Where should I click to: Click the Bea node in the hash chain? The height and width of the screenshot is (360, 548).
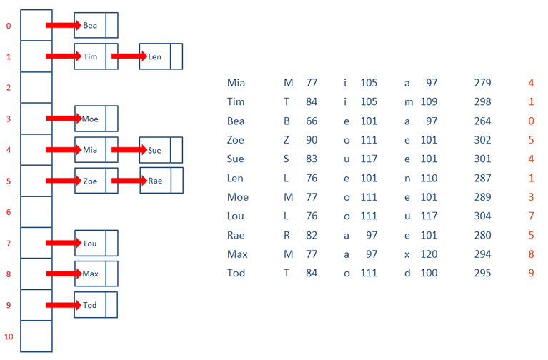tap(96, 25)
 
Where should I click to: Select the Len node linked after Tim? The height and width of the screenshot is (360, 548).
tap(161, 56)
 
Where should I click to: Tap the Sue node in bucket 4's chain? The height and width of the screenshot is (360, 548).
tap(161, 150)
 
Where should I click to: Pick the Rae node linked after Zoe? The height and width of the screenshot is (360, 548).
tap(161, 180)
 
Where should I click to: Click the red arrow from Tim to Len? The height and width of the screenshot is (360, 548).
tap(129, 56)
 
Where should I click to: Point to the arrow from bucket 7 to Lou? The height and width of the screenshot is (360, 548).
tap(64, 243)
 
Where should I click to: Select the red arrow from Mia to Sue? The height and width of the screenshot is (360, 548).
tap(129, 149)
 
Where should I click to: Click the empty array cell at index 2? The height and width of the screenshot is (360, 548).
tap(36, 87)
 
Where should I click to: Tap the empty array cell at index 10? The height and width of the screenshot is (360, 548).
tap(36, 336)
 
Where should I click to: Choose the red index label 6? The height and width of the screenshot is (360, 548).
tap(9, 212)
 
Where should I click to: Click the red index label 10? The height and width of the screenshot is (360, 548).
tap(9, 336)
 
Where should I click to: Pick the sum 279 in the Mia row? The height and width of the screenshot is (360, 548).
tap(483, 83)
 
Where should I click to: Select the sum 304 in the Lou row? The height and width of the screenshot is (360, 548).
tap(483, 216)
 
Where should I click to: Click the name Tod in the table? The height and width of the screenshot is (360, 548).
tap(236, 273)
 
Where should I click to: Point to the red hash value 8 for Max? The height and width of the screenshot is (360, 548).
tap(532, 254)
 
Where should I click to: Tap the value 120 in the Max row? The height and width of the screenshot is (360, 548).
tap(429, 254)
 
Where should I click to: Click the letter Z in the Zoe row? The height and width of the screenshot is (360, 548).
tap(287, 140)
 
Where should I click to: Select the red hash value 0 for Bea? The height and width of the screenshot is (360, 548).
tap(532, 121)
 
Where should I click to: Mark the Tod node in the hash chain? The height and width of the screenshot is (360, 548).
tap(96, 305)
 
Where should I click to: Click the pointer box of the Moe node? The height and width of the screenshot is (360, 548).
tap(112, 119)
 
